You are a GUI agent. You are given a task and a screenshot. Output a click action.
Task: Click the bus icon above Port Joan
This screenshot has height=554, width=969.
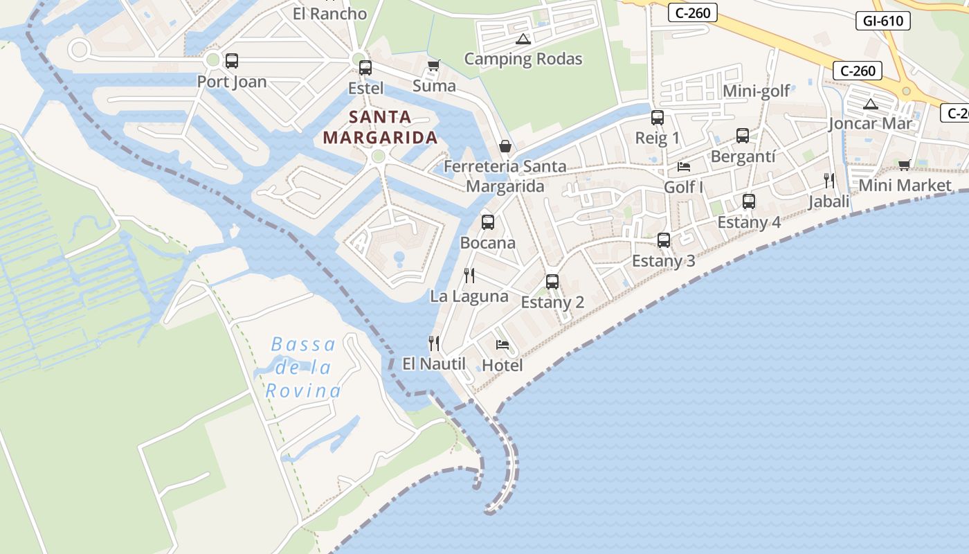click(232, 61)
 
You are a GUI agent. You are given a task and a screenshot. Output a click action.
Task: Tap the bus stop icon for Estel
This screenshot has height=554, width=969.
click(365, 68)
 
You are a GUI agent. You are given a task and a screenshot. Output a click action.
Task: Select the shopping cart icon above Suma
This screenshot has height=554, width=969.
click(434, 66)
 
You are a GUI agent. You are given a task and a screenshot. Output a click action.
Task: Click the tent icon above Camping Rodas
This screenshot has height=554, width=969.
click(523, 39)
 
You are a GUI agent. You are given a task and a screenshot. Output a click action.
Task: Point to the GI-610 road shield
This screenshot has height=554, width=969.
click(883, 21)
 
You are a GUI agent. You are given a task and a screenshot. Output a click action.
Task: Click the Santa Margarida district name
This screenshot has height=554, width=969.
click(380, 127)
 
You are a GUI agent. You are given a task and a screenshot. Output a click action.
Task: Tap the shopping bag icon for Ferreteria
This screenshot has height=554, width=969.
click(505, 146)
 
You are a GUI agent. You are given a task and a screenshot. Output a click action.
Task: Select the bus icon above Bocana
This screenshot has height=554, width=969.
click(488, 222)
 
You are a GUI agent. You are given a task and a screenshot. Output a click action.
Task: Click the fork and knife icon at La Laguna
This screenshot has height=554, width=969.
click(469, 276)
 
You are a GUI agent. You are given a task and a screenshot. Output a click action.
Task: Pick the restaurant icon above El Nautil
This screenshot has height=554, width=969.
click(434, 343)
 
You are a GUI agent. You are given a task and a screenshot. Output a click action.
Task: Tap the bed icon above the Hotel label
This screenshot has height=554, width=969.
click(502, 345)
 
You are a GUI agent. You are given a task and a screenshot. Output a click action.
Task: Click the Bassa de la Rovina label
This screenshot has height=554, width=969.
click(303, 368)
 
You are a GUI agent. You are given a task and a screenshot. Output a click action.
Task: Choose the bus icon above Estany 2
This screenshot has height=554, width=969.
click(552, 282)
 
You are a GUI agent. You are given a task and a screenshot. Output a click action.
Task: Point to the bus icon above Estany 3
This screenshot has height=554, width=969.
click(664, 240)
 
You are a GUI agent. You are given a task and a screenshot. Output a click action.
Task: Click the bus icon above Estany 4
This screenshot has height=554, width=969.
click(749, 202)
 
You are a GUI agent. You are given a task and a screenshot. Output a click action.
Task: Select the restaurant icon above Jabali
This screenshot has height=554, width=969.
click(829, 181)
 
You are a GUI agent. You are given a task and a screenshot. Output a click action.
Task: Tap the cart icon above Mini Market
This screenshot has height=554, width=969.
click(904, 165)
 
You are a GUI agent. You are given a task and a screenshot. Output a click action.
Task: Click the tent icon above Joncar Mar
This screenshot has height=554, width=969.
click(871, 105)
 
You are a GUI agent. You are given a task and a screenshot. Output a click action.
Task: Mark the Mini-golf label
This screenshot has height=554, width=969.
click(756, 91)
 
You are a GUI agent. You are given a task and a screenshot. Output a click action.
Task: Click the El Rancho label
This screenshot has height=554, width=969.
click(329, 13)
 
